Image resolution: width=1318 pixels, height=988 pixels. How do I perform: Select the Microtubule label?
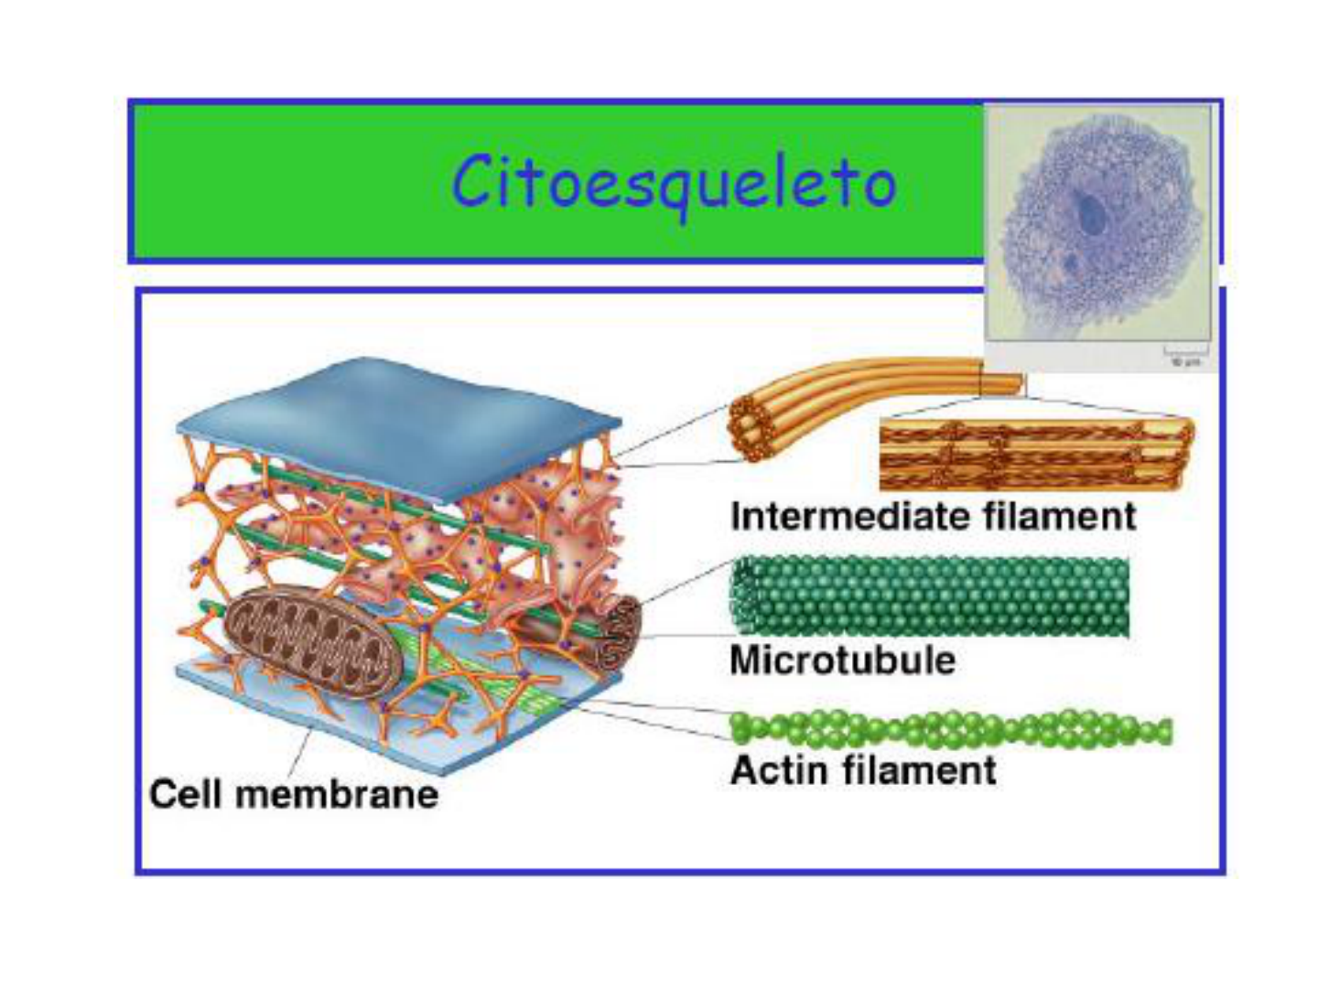[x=842, y=660]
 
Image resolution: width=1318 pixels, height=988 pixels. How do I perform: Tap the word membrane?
[x=337, y=794]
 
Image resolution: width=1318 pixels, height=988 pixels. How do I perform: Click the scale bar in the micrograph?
[x=1185, y=350]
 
